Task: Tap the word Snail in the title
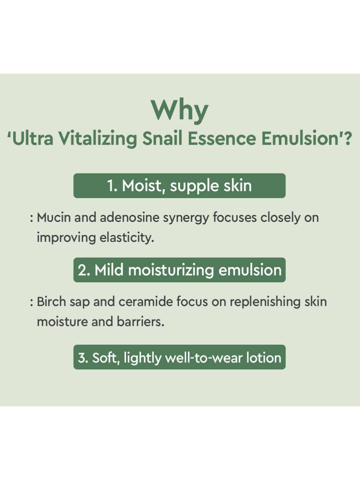(162, 138)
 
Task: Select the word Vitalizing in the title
(98, 139)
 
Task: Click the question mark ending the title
(348, 138)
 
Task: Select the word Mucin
(54, 217)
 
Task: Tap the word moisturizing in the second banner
(171, 270)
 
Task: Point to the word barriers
(140, 322)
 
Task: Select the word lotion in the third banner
(264, 358)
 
